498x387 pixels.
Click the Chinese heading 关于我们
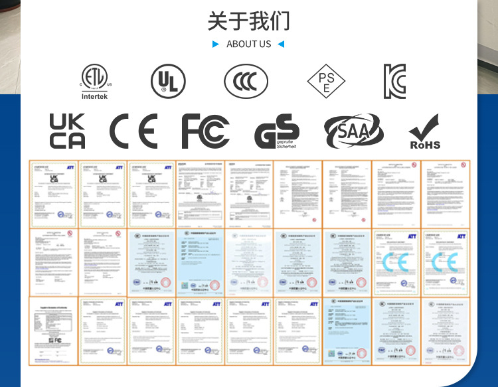point(248,21)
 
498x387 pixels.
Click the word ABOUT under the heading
point(240,44)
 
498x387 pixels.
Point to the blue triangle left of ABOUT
point(215,44)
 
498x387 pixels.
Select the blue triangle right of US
point(281,44)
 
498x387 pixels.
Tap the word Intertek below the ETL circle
point(94,96)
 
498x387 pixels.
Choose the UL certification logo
point(168,82)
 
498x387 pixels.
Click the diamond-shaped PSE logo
point(326,82)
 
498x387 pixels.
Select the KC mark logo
point(394,82)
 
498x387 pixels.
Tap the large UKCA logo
point(67,131)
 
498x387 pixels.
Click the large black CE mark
point(133,131)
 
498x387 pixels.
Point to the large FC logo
point(205,131)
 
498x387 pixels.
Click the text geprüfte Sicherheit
point(287,143)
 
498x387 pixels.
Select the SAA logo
point(353,131)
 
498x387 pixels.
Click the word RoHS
point(425,145)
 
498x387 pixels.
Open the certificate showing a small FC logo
point(54,331)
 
